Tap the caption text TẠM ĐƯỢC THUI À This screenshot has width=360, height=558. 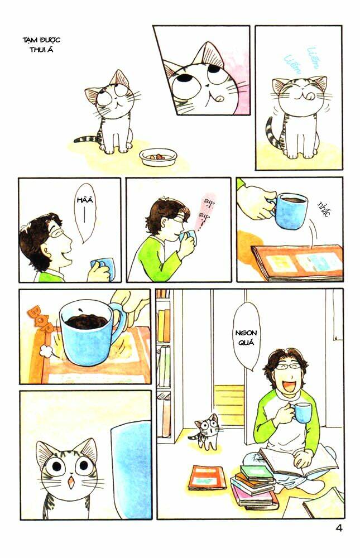click(41, 44)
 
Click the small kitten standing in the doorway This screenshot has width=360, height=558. click(207, 431)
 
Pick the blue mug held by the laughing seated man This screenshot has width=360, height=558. click(303, 412)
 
